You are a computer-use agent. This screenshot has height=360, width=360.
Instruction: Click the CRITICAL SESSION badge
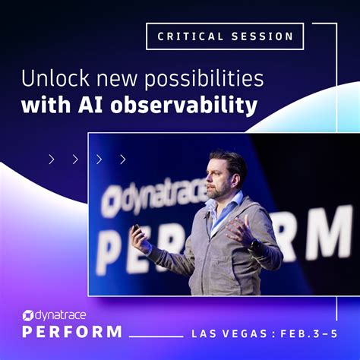(225, 36)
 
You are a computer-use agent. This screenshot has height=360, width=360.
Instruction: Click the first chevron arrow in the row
(52, 159)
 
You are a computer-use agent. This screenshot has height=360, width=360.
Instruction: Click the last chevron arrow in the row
(122, 159)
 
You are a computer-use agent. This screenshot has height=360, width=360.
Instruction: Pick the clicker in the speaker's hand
(136, 227)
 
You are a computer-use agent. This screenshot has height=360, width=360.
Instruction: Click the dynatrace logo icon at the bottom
(27, 315)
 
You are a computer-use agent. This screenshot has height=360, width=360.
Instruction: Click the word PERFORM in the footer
(72, 332)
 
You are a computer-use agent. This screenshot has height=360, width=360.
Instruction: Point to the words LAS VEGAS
(224, 333)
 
